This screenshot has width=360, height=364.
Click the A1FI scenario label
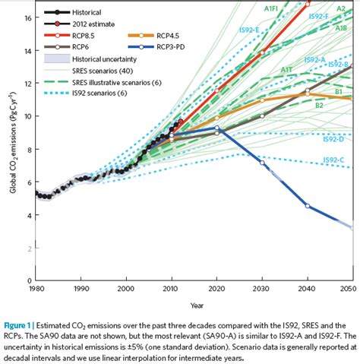(271, 8)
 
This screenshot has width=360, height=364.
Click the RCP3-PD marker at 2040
(307, 205)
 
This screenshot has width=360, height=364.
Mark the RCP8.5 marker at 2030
(262, 52)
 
